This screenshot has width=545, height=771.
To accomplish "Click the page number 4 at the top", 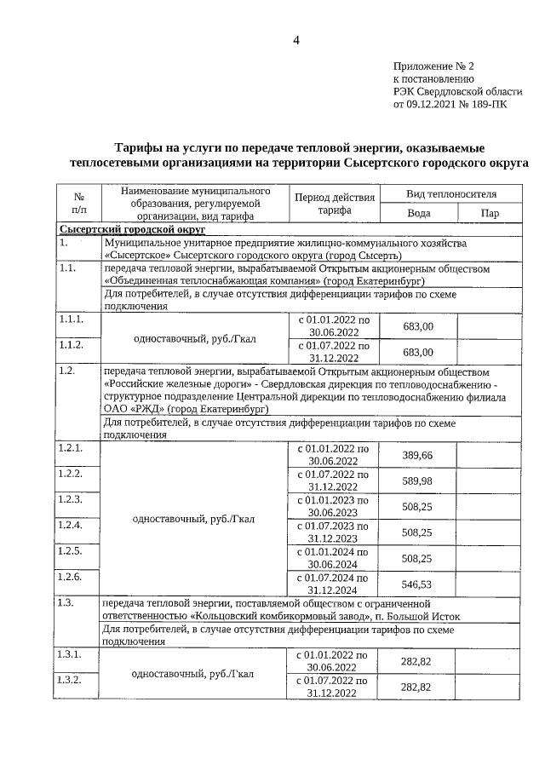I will coord(296,41).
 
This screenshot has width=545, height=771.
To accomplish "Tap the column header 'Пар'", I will coord(490,214).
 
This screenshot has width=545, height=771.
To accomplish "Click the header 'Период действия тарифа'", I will coord(334,204).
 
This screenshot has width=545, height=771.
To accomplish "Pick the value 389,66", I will coord(417,455).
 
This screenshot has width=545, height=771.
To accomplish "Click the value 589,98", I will coord(417,480).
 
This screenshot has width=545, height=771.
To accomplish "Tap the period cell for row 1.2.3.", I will coord(334,506).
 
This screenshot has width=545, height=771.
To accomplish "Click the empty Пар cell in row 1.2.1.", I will coord(490,455).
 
